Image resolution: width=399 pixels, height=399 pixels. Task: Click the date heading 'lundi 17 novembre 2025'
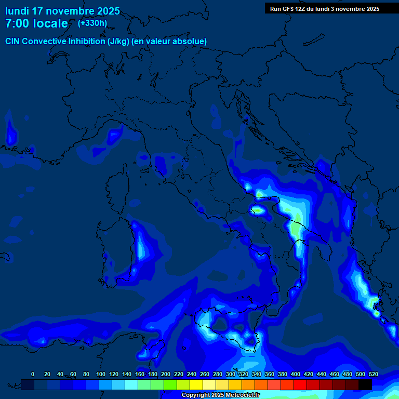(x=62, y=11)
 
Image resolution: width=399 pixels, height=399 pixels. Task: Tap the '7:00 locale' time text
(x=36, y=23)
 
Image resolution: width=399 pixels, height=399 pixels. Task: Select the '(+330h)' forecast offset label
(x=92, y=23)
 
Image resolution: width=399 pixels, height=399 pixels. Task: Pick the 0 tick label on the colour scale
(x=33, y=374)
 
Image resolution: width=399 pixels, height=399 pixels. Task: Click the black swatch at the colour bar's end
(x=365, y=384)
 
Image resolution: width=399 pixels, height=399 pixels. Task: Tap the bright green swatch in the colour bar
(x=170, y=384)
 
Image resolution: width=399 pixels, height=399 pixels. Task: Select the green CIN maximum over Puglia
(x=296, y=228)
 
